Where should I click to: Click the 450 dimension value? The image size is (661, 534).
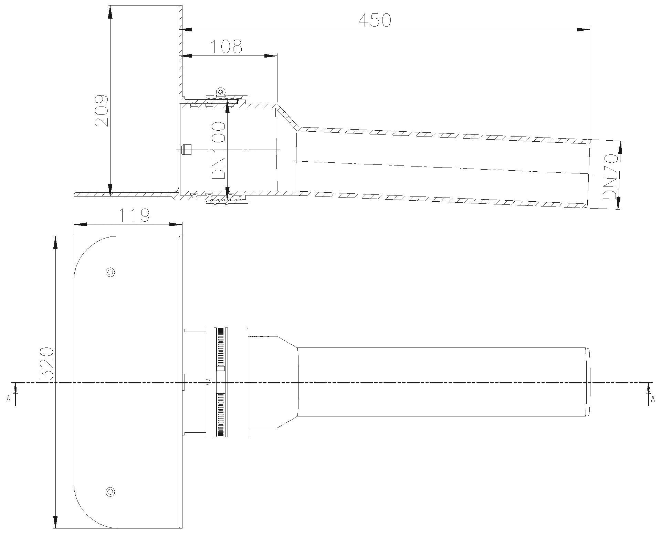click(375, 20)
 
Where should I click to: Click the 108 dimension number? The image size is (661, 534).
click(226, 47)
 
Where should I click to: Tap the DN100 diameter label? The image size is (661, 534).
click(219, 150)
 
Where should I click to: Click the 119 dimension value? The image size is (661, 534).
click(134, 215)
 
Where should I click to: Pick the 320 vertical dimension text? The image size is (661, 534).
click(46, 364)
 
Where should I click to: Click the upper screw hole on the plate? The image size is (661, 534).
click(110, 272)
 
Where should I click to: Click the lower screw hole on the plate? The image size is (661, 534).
click(110, 491)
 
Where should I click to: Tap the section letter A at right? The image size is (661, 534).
click(652, 399)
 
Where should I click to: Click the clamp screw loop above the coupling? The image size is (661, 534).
click(220, 91)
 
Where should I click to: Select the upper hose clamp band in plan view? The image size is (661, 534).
click(221, 348)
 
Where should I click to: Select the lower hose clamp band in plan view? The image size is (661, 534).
click(221, 415)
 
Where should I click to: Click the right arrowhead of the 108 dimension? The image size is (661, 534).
click(271, 55)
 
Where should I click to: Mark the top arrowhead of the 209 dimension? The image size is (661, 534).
click(110, 12)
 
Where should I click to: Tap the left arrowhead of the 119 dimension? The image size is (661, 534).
click(81, 224)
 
